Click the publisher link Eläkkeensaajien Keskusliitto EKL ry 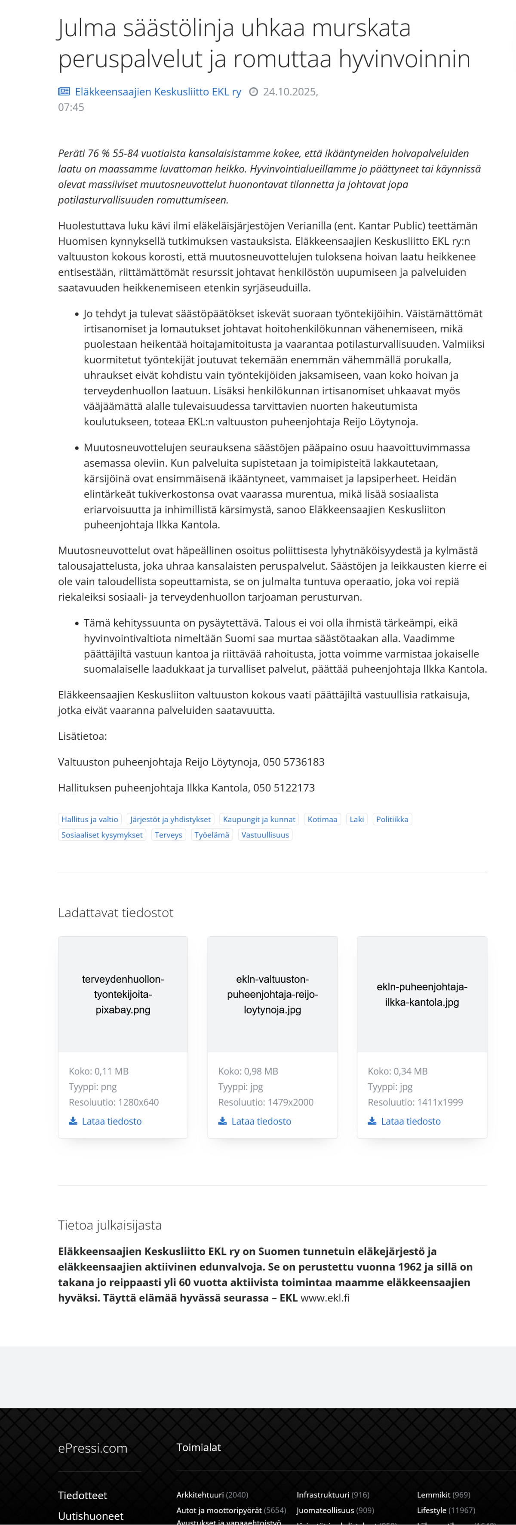coord(157,92)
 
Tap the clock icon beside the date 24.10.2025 coord(254,92)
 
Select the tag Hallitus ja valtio coord(90,819)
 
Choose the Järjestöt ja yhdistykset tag coord(170,819)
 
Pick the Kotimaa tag coord(322,819)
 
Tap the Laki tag coord(357,819)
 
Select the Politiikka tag coord(392,819)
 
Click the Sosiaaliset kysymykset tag coord(102,835)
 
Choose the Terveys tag coord(169,835)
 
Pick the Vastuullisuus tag coord(265,835)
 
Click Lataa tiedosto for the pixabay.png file coord(111,1121)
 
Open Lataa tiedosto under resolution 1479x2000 coord(261,1121)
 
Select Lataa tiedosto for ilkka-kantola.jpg coord(411,1121)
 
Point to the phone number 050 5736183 coord(294,762)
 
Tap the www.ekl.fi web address coord(325,1297)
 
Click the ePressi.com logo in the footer coord(93,1448)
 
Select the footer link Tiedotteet coord(82,1495)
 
